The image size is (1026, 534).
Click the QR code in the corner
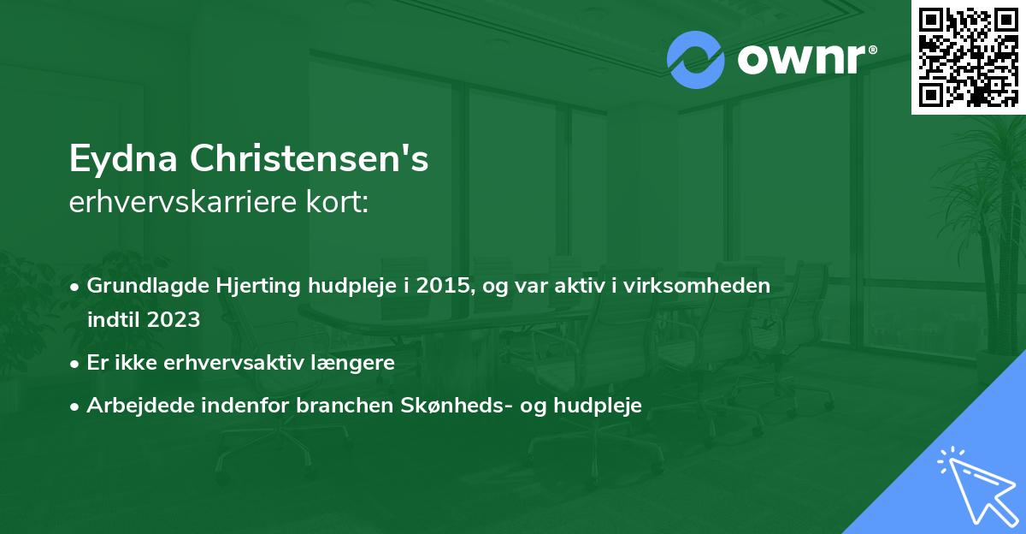(968, 56)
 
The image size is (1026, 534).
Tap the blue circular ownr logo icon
(696, 60)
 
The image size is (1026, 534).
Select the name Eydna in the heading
(124, 160)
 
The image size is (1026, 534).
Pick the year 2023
(173, 320)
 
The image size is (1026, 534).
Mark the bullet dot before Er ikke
(76, 363)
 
